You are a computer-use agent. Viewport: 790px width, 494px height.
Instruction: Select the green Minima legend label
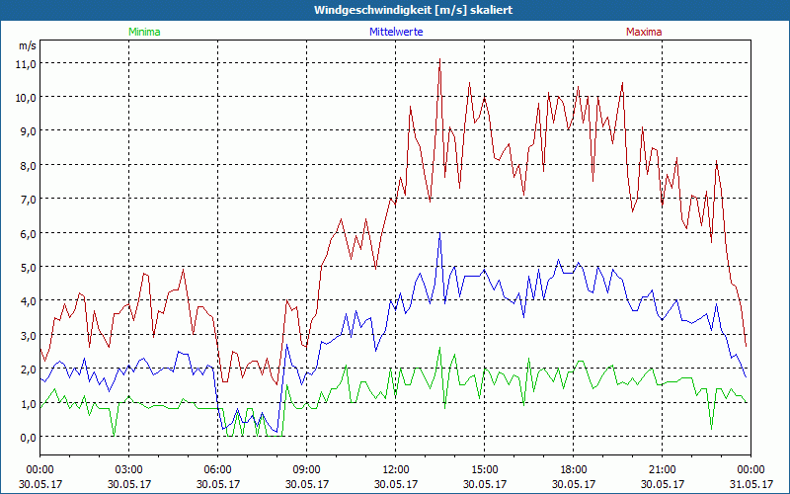[144, 32]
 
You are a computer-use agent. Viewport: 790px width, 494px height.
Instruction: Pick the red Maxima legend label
[643, 32]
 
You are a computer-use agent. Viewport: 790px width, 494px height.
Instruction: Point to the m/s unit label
[27, 45]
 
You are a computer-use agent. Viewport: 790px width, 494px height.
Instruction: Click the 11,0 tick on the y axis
[26, 63]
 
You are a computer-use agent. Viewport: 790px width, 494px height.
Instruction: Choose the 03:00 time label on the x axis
[129, 469]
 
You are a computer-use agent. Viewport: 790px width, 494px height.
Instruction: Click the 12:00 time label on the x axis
[396, 469]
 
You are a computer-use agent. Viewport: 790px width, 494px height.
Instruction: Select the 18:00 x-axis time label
[574, 469]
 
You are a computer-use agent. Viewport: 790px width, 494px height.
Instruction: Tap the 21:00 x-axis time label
[663, 469]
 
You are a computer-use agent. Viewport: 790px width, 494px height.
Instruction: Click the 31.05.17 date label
[750, 484]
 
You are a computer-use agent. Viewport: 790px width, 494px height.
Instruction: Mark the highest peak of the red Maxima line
[439, 61]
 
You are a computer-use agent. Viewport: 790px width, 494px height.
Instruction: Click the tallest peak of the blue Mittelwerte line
[439, 234]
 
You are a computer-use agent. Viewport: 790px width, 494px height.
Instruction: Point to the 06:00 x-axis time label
[218, 469]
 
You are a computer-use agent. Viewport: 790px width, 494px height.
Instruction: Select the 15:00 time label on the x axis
[485, 469]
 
